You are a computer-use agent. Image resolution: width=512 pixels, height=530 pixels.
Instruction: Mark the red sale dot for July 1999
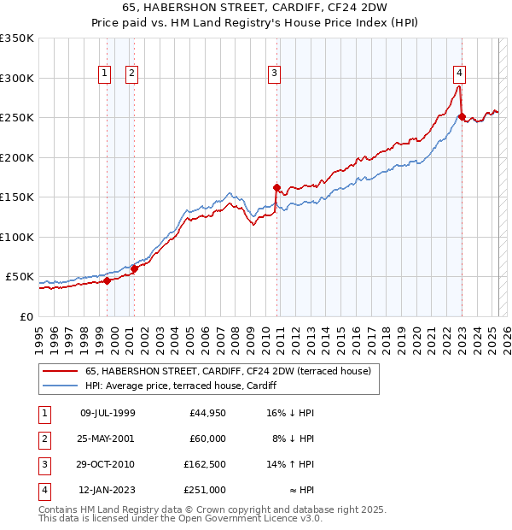[107, 280]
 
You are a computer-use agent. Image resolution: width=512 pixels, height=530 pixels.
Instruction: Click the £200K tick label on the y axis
[16, 157]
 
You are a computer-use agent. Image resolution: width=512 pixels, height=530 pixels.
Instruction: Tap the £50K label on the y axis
[20, 277]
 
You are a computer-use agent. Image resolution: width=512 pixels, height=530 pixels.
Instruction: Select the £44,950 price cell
[205, 412]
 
